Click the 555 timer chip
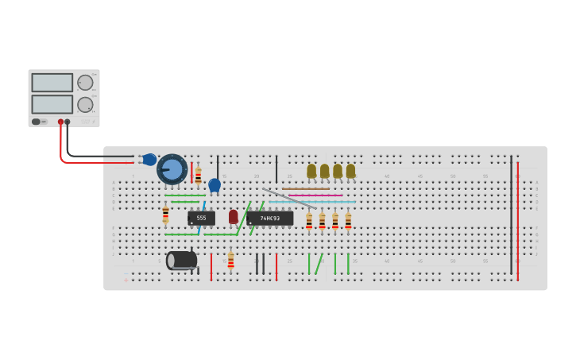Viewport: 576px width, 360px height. coord(201,218)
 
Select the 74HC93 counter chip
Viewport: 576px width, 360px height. coord(269,219)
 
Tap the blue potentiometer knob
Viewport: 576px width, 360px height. coord(172,169)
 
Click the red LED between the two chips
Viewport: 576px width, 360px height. coord(233,216)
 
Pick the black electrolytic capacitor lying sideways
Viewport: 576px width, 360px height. coord(181,260)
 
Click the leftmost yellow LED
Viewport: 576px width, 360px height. coord(311,171)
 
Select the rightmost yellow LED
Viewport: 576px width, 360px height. coord(350,171)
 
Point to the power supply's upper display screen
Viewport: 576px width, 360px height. coord(52,83)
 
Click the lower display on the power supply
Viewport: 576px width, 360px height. coord(52,104)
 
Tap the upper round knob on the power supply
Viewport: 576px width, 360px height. coord(85,83)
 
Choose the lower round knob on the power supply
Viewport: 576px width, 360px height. coord(85,104)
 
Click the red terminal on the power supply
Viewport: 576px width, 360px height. coord(60,122)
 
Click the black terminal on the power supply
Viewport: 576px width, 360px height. coord(68,122)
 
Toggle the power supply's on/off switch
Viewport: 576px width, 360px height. coord(36,122)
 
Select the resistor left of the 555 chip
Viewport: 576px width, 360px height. coord(165,214)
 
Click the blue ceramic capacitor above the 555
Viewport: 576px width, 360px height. coord(215,185)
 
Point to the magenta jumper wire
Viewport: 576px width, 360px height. coord(315,195)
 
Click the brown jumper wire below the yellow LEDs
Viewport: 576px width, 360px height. coord(305,189)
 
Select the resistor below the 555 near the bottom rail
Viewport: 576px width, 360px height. coord(230,260)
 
